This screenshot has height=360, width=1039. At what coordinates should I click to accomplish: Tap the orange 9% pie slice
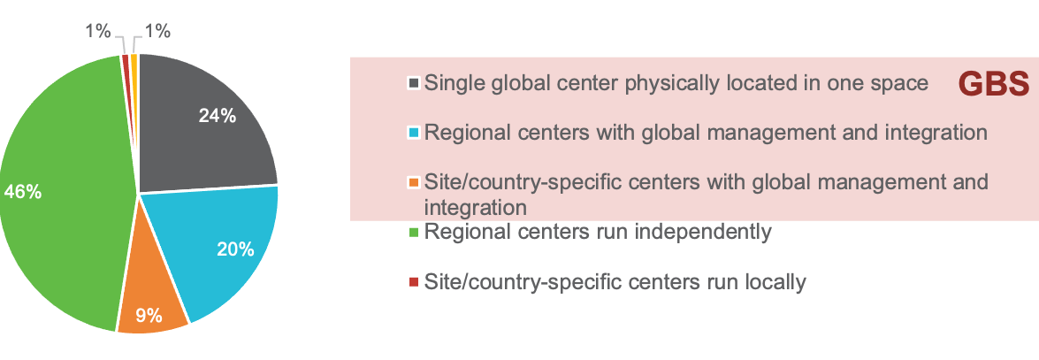pos(150,296)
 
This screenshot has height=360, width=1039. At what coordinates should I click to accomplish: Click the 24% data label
pos(217,116)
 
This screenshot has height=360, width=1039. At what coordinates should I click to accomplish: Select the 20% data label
pos(235,249)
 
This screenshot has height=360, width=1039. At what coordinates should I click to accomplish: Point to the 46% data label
pos(23,191)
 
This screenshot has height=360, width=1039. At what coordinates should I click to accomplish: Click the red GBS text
pos(994,84)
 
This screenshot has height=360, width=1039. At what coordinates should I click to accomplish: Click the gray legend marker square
pos(413,83)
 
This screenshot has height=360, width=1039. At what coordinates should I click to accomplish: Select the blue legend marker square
pos(413,133)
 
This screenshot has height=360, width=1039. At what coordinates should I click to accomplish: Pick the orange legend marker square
pos(413,183)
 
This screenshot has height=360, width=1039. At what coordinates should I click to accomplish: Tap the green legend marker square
pos(413,233)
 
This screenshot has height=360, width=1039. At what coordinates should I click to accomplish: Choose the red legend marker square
pos(413,282)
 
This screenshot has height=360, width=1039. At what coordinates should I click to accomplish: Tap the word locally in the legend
pos(775,282)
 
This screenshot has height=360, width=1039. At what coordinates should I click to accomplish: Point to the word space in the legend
pos(904,84)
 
